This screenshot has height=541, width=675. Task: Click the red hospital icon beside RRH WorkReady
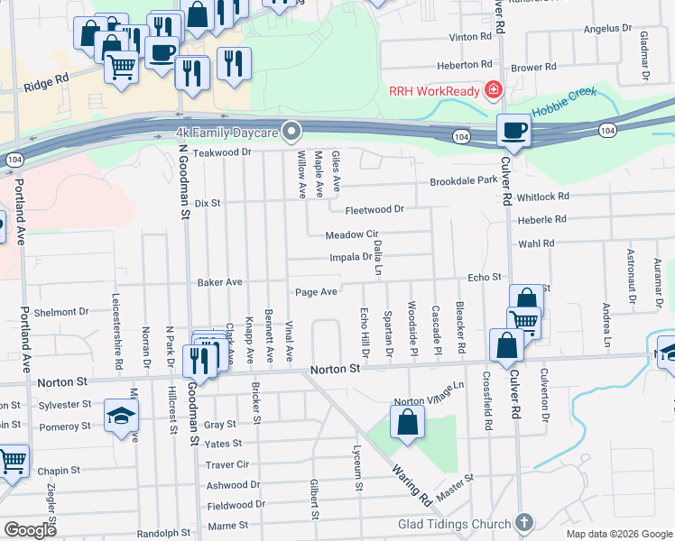coord(493,89)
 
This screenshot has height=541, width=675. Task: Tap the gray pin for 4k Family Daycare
coord(291,133)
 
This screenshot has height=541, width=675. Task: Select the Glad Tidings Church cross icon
coord(524,524)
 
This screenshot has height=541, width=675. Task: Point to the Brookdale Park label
coord(463,181)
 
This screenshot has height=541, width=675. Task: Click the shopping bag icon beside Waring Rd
coord(408,422)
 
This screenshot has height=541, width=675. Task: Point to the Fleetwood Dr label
coord(374,209)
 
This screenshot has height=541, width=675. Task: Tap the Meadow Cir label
coord(351,235)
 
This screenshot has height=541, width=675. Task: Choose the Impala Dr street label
coord(351,257)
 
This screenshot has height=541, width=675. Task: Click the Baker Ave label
coord(220,282)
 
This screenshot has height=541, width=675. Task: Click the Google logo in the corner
coord(30,530)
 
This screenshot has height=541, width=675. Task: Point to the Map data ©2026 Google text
coord(618,534)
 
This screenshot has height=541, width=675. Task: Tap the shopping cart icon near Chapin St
coord(12,461)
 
